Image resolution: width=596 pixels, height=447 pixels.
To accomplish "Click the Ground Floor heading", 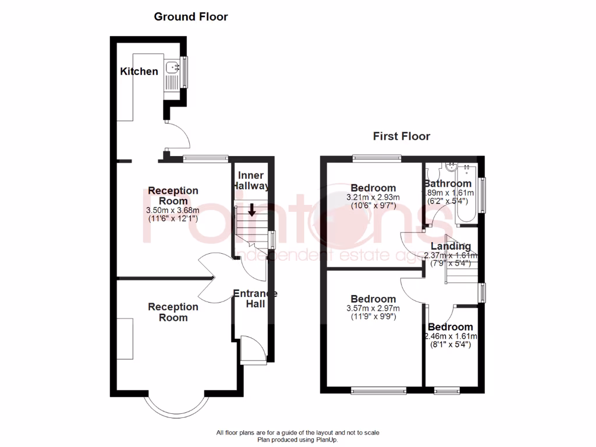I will [x=190, y=17].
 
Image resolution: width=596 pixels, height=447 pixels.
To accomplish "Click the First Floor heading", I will [x=401, y=137].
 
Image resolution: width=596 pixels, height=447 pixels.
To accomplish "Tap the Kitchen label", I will [x=139, y=72].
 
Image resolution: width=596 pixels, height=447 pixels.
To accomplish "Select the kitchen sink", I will [x=172, y=69].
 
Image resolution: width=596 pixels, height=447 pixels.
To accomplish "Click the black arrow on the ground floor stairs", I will [x=251, y=210].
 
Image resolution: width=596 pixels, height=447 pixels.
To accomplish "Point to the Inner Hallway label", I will [x=251, y=180].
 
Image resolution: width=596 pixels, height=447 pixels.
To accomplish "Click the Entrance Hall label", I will [x=254, y=299].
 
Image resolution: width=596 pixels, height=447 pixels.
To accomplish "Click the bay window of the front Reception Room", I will [x=176, y=405].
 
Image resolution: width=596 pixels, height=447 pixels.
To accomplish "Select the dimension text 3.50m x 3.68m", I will [x=173, y=210].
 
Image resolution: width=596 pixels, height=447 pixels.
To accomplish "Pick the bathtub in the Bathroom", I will [x=467, y=194].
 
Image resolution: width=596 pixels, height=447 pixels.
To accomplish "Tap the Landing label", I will [x=451, y=246].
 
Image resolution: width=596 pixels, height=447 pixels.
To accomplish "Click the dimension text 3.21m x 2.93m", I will [x=373, y=197].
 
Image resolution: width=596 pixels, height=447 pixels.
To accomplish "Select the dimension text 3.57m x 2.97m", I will [x=373, y=308].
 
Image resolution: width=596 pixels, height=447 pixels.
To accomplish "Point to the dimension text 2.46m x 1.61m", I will [x=451, y=336].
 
